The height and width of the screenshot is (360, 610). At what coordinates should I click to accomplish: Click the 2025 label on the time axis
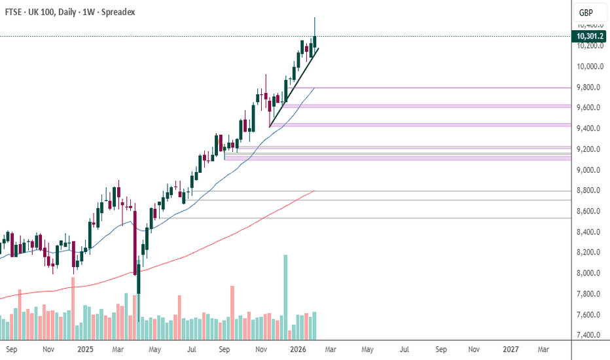(x=86, y=350)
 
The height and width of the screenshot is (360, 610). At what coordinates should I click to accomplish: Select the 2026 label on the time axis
(x=298, y=350)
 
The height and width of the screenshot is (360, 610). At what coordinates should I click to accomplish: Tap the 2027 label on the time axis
(x=511, y=350)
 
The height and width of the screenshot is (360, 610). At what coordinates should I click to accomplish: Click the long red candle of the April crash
(x=135, y=242)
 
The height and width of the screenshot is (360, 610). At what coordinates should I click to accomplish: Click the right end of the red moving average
(x=314, y=190)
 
